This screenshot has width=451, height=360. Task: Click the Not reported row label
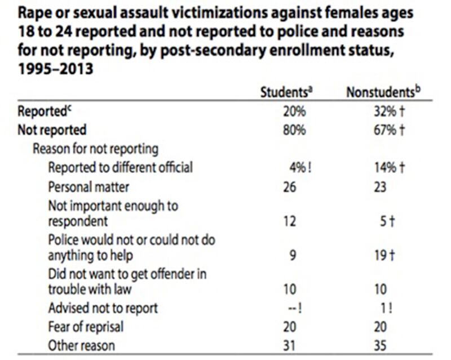(x=51, y=130)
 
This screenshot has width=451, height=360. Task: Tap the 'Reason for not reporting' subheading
(x=95, y=149)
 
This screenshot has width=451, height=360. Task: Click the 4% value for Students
(x=297, y=167)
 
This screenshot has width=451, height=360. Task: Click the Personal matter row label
(x=89, y=186)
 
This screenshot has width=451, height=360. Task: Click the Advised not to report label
(x=103, y=308)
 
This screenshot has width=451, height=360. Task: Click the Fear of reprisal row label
(x=85, y=326)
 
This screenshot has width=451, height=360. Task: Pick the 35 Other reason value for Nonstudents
(x=381, y=345)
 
